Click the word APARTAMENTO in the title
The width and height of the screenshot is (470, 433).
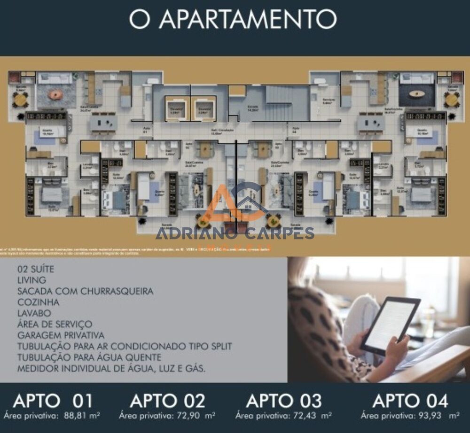248,19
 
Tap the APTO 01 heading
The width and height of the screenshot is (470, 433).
53,401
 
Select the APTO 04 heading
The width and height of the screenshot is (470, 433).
410,401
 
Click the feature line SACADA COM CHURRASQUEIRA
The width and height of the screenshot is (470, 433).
85,291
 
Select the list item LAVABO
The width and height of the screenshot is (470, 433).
34,313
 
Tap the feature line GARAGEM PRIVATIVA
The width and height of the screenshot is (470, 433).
61,335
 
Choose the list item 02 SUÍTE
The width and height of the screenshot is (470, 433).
36,269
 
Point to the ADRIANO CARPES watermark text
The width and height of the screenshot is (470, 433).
235,233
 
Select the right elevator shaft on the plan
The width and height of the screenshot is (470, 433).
204,108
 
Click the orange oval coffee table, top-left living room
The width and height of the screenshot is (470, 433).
56,95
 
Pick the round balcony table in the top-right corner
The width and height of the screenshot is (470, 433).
451,100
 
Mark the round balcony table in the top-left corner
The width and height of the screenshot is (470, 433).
20,100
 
